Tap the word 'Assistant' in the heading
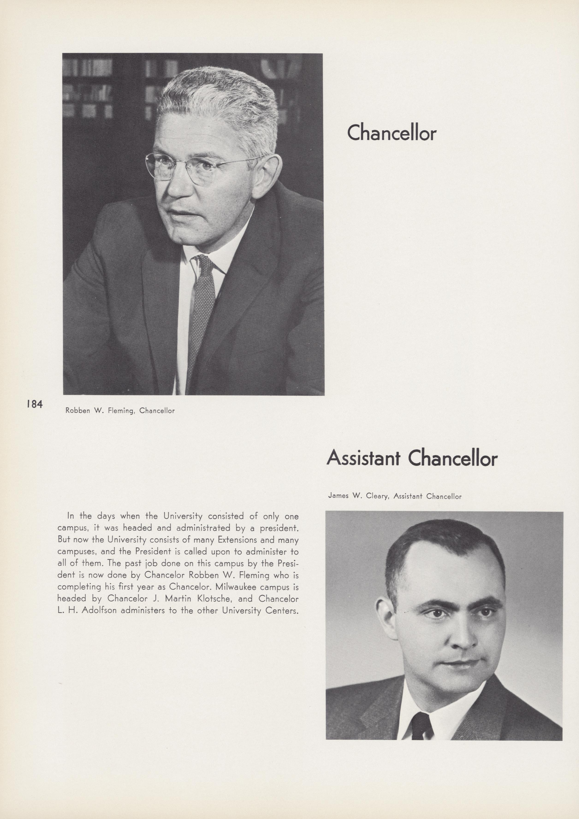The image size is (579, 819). [364, 459]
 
